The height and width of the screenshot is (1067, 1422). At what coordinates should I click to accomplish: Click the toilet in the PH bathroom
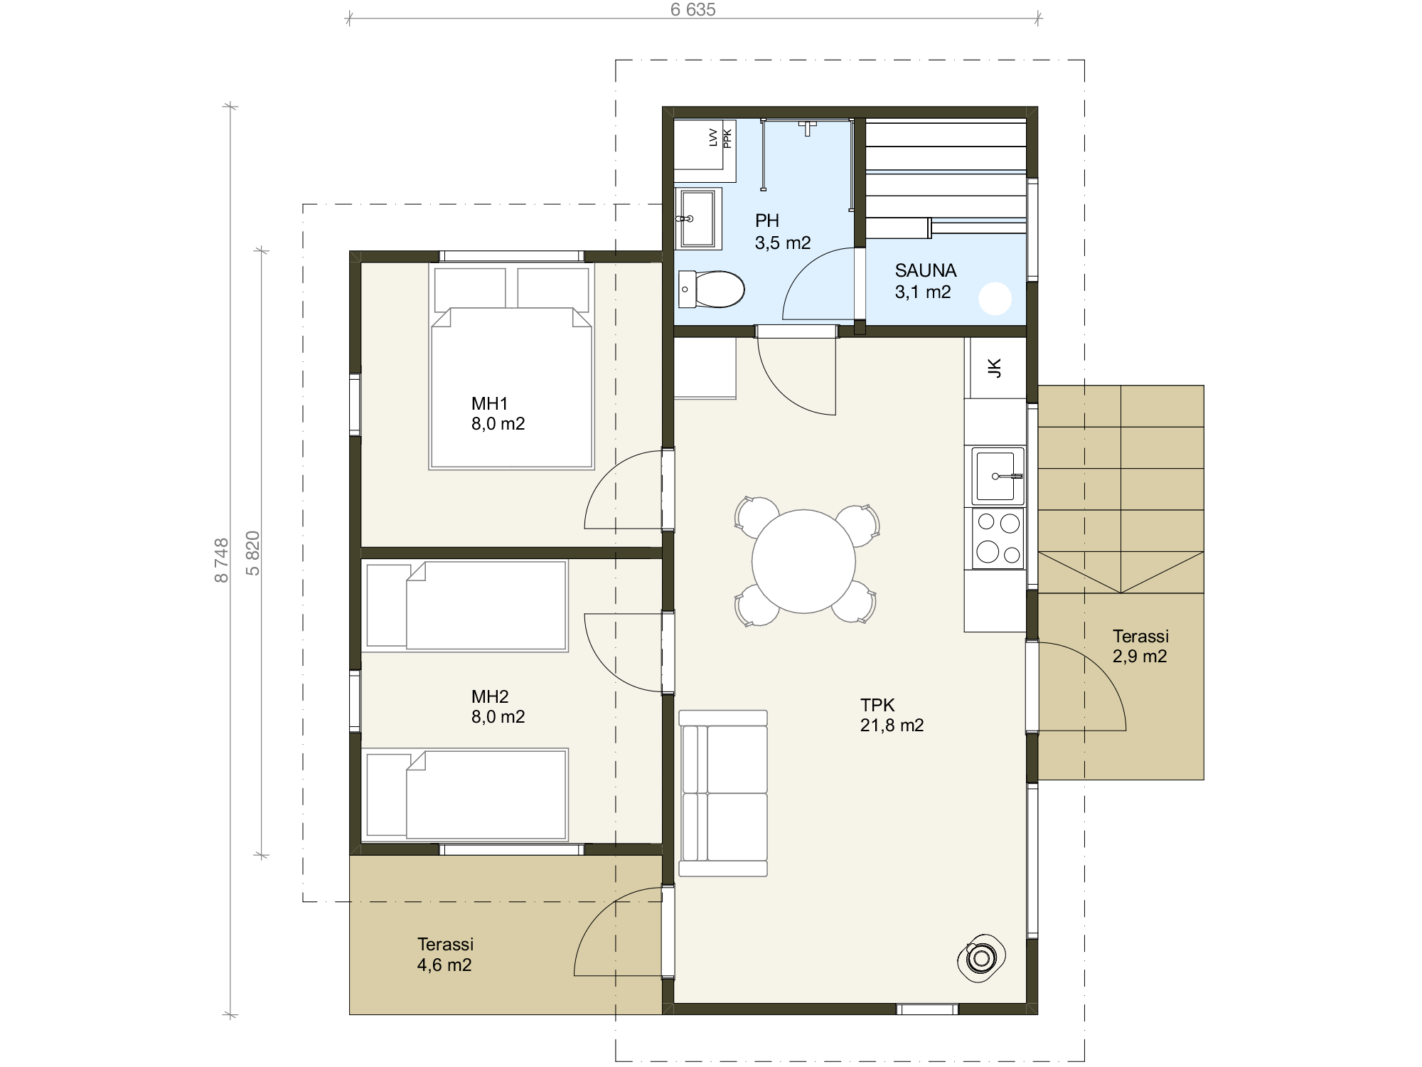pyautogui.click(x=711, y=290)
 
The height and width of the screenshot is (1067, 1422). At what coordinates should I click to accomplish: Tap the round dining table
pyautogui.click(x=803, y=561)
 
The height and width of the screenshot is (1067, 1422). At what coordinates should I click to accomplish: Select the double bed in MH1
pyautogui.click(x=511, y=367)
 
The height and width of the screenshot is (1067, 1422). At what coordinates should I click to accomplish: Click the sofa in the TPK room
pyautogui.click(x=723, y=793)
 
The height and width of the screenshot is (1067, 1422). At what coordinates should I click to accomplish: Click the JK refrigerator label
pyautogui.click(x=995, y=368)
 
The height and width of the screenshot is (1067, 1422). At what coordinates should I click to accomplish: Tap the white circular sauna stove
pyautogui.click(x=995, y=299)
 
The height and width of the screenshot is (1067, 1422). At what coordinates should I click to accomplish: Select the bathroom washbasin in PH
pyautogui.click(x=697, y=218)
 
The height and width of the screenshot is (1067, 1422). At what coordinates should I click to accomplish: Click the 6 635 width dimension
pyautogui.click(x=693, y=10)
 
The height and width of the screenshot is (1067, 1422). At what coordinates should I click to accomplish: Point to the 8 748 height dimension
pyautogui.click(x=222, y=561)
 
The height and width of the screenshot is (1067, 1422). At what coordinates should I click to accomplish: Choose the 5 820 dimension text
pyautogui.click(x=253, y=553)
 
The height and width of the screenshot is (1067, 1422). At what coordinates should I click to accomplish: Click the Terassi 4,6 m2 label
pyautogui.click(x=445, y=955)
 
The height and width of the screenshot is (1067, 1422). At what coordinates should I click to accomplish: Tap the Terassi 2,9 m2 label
pyautogui.click(x=1140, y=646)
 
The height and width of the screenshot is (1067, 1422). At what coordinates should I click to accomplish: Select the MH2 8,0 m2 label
pyautogui.click(x=498, y=706)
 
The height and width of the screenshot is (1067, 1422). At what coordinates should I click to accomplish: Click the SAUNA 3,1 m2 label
pyautogui.click(x=925, y=281)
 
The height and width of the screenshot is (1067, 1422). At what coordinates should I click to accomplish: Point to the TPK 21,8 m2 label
pyautogui.click(x=892, y=715)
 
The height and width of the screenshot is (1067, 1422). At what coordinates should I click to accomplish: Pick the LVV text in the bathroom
pyautogui.click(x=714, y=138)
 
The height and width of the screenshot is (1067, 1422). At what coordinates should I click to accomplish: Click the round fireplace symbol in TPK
pyautogui.click(x=982, y=958)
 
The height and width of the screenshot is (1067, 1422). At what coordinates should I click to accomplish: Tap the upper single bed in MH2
pyautogui.click(x=465, y=606)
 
